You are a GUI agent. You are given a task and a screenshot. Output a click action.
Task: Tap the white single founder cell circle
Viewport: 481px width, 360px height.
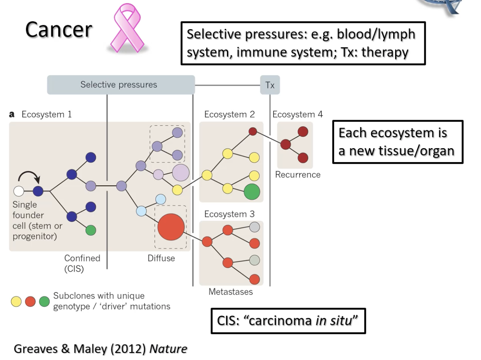click(x=19, y=191)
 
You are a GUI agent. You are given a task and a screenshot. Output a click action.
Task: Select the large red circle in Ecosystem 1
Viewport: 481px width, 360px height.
click(x=171, y=227)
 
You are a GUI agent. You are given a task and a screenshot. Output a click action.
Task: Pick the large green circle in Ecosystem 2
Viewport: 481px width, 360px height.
click(x=252, y=192)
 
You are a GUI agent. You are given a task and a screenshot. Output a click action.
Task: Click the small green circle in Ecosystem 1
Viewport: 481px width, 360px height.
click(x=91, y=230)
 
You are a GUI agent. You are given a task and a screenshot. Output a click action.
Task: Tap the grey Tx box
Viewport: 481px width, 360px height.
click(x=270, y=85)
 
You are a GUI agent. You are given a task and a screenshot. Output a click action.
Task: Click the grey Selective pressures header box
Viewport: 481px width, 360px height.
click(x=121, y=85)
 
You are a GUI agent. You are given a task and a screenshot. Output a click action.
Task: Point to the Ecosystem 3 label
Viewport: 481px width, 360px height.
click(x=229, y=214)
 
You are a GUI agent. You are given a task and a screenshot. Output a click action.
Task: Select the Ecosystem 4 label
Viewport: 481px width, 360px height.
click(x=297, y=115)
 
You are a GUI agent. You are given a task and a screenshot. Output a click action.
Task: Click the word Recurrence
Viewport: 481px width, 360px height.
click(x=298, y=175)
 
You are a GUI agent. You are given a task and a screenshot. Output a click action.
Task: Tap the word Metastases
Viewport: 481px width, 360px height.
click(x=230, y=292)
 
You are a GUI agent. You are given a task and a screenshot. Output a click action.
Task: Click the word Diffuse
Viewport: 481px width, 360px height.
click(x=161, y=258)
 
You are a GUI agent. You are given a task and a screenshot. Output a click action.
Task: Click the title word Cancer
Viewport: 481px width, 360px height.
click(x=59, y=30)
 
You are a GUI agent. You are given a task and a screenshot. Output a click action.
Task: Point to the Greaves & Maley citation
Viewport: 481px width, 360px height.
click(x=100, y=349)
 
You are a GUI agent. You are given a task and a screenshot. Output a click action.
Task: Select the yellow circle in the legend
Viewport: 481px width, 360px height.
click(x=16, y=301)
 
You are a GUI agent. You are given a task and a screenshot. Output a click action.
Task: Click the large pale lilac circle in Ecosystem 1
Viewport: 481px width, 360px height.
click(x=181, y=173)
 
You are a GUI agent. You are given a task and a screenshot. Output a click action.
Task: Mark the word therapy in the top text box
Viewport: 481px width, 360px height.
click(x=385, y=52)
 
